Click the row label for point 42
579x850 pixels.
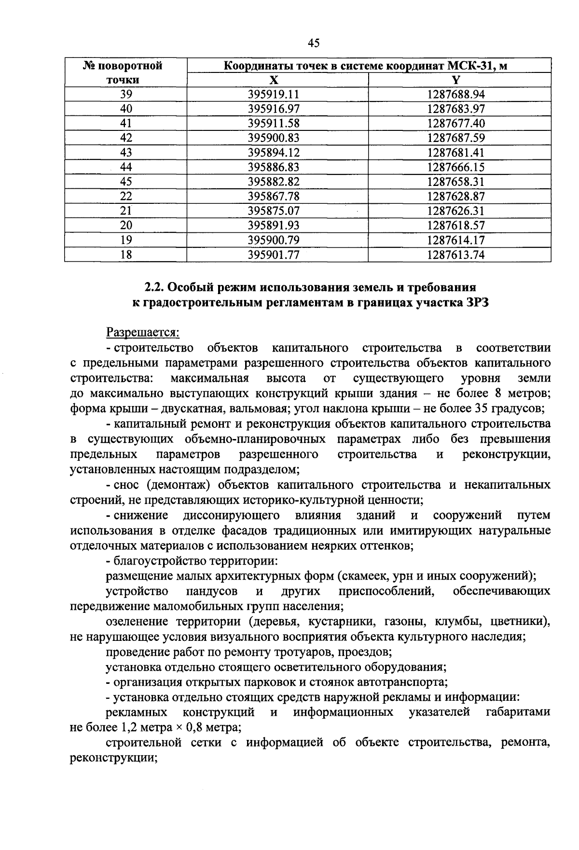coord(126,138)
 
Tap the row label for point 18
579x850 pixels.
coord(126,255)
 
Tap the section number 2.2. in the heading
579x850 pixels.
coord(155,288)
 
